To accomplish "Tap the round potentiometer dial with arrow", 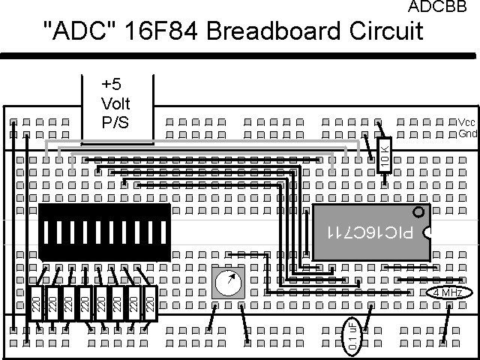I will click(229, 283).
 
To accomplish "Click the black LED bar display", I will click(105, 232).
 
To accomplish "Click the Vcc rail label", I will click(466, 122).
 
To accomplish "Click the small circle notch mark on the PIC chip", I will click(418, 212).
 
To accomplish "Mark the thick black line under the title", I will click(240, 55).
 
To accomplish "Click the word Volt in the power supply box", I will click(116, 103).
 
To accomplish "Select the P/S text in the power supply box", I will click(116, 120).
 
